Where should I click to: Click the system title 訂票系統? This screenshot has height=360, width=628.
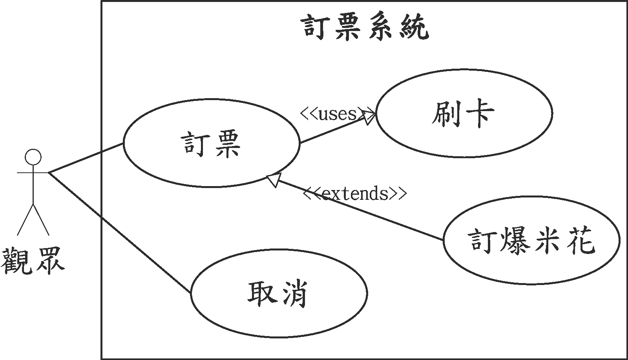point(366,27)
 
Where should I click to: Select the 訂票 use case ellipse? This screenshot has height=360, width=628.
point(211,143)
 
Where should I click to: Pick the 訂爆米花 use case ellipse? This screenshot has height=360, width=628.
point(531,240)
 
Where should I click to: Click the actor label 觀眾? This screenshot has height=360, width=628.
point(32,260)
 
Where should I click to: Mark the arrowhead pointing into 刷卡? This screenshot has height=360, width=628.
point(369,117)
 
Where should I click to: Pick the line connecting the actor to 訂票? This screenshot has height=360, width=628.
point(86,157)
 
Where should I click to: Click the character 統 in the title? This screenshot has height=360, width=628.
point(415,27)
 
